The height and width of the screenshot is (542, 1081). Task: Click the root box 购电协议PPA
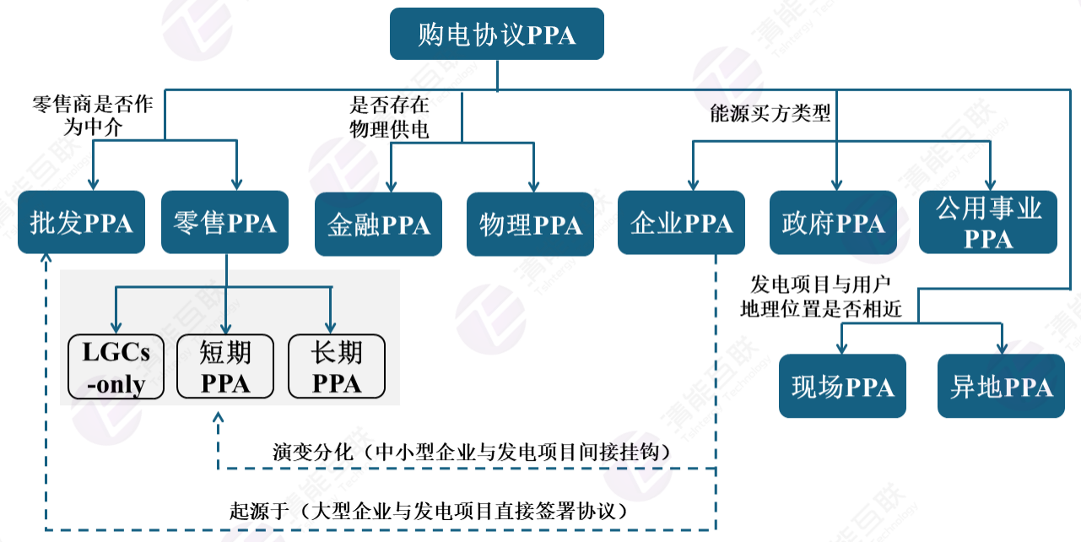(497, 34)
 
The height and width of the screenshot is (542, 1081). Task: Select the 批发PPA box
(81, 223)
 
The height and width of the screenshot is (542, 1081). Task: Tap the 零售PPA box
(224, 223)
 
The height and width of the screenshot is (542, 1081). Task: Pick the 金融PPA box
(378, 225)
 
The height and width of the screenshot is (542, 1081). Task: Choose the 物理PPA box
(530, 225)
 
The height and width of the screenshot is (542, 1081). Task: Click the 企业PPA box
(681, 223)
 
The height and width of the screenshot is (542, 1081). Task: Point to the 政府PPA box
(833, 223)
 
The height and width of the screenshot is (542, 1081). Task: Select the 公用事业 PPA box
(988, 223)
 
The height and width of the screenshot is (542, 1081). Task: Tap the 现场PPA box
(842, 386)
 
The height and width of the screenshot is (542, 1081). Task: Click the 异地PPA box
(1001, 386)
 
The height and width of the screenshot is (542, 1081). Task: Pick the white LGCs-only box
(116, 367)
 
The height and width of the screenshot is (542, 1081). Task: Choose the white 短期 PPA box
(225, 367)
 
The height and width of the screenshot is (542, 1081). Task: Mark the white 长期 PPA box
(337, 367)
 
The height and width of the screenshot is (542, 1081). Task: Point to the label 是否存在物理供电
(389, 117)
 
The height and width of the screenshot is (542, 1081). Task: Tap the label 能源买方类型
(770, 113)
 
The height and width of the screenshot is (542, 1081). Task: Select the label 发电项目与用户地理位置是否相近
(821, 295)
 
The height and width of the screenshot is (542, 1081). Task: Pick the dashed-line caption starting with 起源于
(431, 511)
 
